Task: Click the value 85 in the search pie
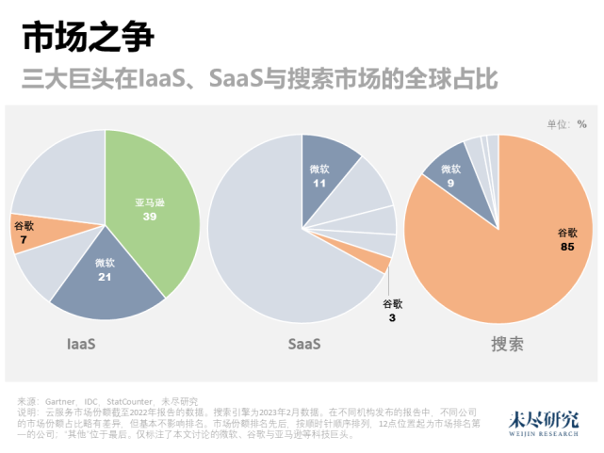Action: [x=566, y=247]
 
